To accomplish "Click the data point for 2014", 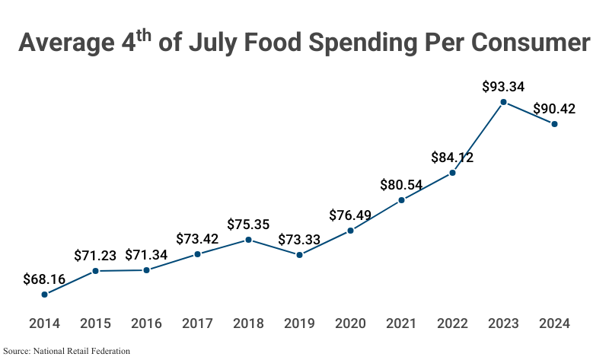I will [x=44, y=294].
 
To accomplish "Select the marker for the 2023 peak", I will [x=503, y=102].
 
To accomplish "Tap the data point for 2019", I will [x=299, y=255].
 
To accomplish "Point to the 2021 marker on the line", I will [x=401, y=200].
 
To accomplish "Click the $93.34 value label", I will [x=503, y=87].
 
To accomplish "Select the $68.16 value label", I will [x=44, y=279].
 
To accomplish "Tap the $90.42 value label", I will [x=554, y=109].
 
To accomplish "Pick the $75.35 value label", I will [x=248, y=225].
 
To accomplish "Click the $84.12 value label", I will [x=452, y=158].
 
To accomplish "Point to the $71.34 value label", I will [x=146, y=255].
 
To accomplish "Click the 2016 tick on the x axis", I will [x=146, y=323].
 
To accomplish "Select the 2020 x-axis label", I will [x=350, y=323].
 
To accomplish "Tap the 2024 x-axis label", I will [x=554, y=323].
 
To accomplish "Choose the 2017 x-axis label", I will [x=197, y=323].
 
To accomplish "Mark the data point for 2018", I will [x=248, y=240].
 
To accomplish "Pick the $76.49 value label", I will [x=350, y=215].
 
